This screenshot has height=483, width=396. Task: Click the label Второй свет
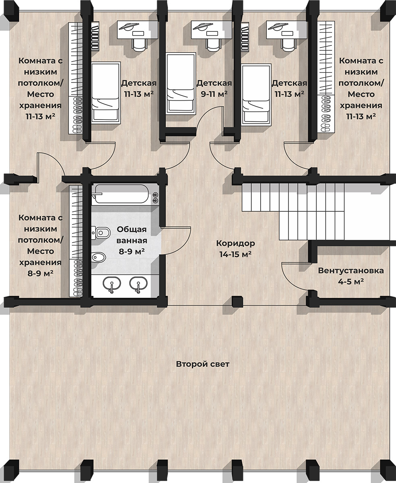203,364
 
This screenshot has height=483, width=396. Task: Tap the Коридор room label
236,243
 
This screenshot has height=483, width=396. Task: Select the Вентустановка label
351,270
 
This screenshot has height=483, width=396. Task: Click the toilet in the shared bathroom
101,233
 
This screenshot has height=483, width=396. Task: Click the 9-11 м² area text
214,94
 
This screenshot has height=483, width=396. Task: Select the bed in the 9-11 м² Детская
181,83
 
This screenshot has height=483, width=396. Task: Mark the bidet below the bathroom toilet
99,257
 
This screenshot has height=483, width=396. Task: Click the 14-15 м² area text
236,254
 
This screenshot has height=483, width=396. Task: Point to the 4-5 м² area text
351,281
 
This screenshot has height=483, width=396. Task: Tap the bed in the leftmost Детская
106,93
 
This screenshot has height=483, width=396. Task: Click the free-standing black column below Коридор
237,301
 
